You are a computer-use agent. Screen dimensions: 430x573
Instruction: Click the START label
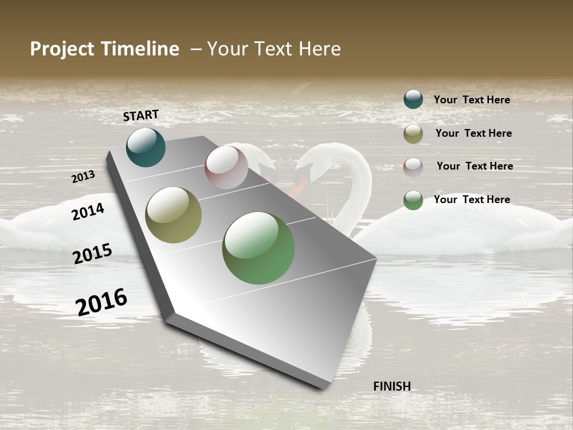click(x=141, y=115)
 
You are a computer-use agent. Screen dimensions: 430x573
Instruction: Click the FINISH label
click(x=392, y=386)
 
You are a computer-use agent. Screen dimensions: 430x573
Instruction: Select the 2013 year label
click(x=83, y=177)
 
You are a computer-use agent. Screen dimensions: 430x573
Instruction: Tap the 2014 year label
click(x=88, y=211)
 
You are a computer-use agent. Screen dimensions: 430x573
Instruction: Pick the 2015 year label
click(x=93, y=253)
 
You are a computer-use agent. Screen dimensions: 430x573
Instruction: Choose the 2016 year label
click(x=101, y=302)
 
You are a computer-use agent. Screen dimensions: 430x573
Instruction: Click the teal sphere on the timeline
click(x=146, y=148)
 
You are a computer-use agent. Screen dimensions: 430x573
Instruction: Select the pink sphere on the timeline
click(x=226, y=167)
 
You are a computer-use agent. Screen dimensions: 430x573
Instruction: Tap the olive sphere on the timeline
click(x=174, y=215)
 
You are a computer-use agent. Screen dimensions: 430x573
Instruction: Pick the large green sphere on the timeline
click(x=258, y=248)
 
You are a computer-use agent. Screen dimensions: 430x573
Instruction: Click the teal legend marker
click(x=413, y=99)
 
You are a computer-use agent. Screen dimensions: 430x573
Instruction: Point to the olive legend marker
click(x=413, y=134)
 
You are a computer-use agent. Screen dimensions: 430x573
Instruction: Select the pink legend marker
click(x=413, y=167)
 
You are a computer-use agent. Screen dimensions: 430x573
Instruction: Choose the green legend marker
click(x=413, y=200)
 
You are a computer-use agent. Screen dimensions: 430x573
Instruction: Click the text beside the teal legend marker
click(x=472, y=100)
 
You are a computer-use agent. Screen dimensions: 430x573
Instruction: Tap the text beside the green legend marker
click(x=472, y=199)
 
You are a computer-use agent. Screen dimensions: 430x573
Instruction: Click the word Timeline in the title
click(x=140, y=49)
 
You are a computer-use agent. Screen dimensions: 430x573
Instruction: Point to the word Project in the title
click(x=63, y=49)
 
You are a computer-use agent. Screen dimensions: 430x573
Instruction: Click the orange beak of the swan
click(x=300, y=184)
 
